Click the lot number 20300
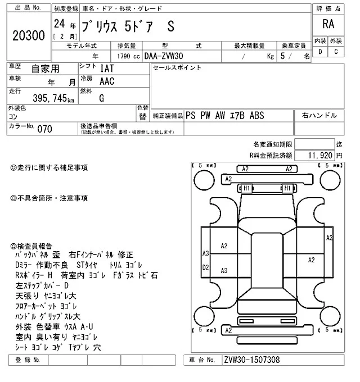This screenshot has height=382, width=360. pos(28,36)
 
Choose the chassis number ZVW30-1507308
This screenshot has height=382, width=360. pos(251,360)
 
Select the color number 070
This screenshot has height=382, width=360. pos(45,129)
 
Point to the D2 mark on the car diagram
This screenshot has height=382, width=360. pos(206,267)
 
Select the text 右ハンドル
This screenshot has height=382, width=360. pos(319,115)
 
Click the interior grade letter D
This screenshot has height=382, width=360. pos(321,52)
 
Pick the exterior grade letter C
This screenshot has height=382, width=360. pos(336,52)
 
